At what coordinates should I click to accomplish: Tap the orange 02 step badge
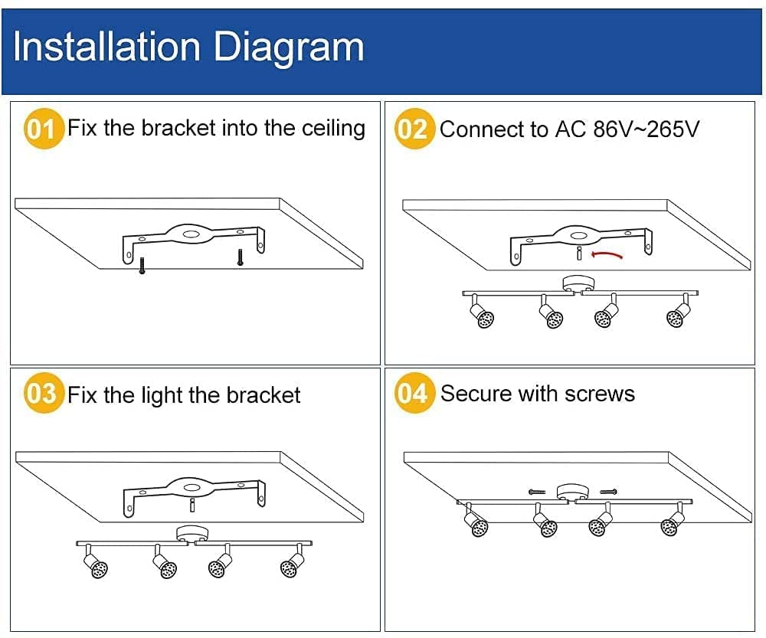pyautogui.click(x=414, y=129)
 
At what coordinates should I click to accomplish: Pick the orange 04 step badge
pyautogui.click(x=414, y=394)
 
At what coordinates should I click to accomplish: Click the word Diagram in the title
pyautogui.click(x=289, y=47)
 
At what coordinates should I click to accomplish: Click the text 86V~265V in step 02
pyautogui.click(x=647, y=129)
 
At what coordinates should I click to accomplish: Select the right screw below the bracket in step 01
pyautogui.click(x=240, y=257)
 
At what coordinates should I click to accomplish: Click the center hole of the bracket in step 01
pyautogui.click(x=191, y=232)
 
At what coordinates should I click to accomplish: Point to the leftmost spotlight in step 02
pyautogui.click(x=483, y=315)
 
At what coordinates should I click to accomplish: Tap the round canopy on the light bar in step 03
pyautogui.click(x=188, y=533)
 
